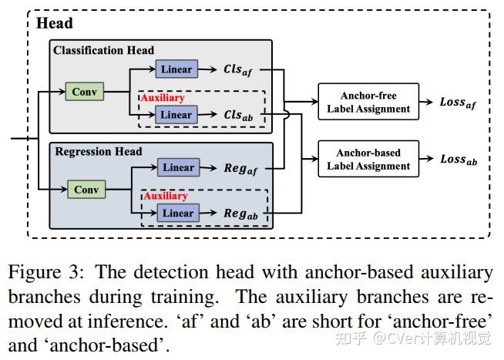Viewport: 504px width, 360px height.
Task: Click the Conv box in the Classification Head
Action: pos(85,92)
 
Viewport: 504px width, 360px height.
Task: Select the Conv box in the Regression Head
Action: pos(86,190)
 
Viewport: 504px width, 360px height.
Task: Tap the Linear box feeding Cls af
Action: pos(176,69)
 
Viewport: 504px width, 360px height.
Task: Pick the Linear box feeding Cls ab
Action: pos(176,114)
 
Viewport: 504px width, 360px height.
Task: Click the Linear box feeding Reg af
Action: pos(178,167)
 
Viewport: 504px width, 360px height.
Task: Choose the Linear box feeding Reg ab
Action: pos(178,213)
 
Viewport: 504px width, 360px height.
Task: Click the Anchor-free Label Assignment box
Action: pos(368,102)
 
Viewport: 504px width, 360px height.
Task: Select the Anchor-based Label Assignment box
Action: pos(368,159)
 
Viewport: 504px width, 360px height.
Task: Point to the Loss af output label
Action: pos(458,103)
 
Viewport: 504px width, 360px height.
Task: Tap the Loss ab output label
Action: pos(459,160)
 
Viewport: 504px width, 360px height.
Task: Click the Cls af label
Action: pos(238,70)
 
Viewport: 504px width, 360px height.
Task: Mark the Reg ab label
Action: pos(240,214)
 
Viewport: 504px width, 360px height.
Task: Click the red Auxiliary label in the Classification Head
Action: pos(163,98)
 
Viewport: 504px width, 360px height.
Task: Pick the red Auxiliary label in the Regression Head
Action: pos(166,196)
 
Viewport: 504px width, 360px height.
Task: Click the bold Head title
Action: pos(55,23)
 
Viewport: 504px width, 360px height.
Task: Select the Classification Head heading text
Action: pos(103,50)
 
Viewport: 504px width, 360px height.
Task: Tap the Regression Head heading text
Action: pos(99,151)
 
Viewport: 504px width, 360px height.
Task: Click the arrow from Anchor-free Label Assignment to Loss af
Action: pos(426,102)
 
